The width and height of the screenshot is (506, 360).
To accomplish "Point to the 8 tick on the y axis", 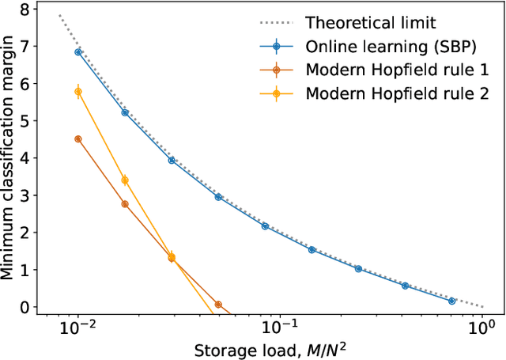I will (31, 9).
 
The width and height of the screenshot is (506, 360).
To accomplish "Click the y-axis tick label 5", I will (31, 121).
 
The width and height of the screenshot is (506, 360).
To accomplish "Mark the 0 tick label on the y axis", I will (31, 307).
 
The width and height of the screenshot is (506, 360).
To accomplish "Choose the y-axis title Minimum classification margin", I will (9, 158).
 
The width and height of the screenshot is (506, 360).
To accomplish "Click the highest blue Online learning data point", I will (78, 52).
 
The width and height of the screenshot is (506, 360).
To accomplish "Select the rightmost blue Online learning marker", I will (451, 301).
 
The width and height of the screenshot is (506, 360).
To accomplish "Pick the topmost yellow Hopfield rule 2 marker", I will (78, 92).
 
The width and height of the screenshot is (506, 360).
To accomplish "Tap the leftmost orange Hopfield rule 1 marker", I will (78, 139).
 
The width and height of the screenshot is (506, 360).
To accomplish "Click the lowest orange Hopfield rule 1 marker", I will (218, 304).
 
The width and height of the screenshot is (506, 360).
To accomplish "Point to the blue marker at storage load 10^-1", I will (265, 226).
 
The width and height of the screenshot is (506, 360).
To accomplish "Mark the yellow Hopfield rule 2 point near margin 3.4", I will (125, 180).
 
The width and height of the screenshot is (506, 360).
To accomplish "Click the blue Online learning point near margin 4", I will (172, 160).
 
